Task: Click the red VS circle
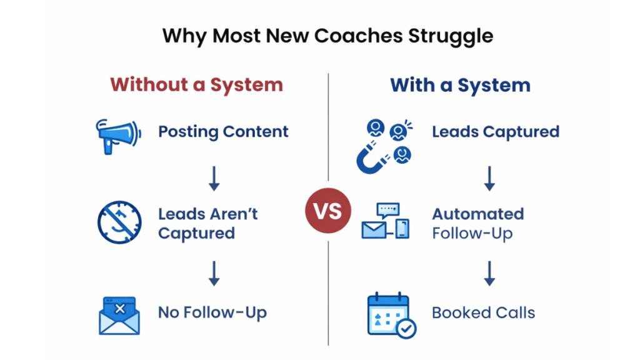coord(327,211)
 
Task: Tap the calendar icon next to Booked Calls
coord(389,316)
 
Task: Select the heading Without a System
coord(196,85)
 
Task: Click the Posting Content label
coord(223,132)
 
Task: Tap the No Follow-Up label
coord(212,312)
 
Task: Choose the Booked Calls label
coord(483,312)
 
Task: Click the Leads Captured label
coord(495,132)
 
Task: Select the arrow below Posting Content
coord(214,178)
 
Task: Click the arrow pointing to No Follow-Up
coord(214,273)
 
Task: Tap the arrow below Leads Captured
coord(489,178)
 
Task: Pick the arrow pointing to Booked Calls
coord(489,273)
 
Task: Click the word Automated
coord(477,214)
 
